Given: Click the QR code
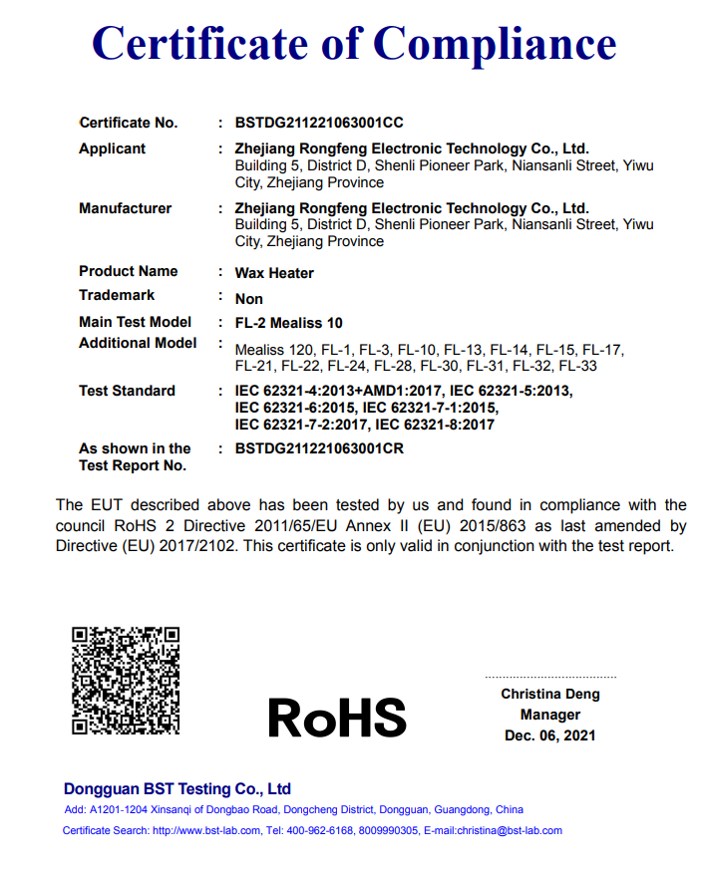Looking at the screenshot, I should coord(126,680).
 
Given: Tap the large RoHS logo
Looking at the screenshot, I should coord(337,717).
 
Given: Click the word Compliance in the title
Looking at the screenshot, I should coord(495,43).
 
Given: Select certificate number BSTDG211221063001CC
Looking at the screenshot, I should coord(319,123).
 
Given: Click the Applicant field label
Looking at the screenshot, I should coord(112,148).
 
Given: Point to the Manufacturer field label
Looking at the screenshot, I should coord(125,208).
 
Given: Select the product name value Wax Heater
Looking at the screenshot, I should coord(274,272).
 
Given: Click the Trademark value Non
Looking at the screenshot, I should coord(249,298).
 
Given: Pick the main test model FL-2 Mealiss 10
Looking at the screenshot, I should coord(288,323).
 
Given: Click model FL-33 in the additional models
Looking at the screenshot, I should coord(577,366).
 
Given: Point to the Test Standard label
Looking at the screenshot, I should coord(127,391).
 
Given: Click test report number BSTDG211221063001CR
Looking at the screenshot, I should coord(319,448).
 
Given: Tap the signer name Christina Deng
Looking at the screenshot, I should coord(550,694).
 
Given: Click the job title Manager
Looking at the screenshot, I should coord(550,715).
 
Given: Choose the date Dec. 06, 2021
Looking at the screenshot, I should coord(550,735).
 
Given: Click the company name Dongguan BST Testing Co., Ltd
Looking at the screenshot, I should coord(177,788).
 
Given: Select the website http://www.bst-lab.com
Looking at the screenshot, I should coord(206,830).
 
